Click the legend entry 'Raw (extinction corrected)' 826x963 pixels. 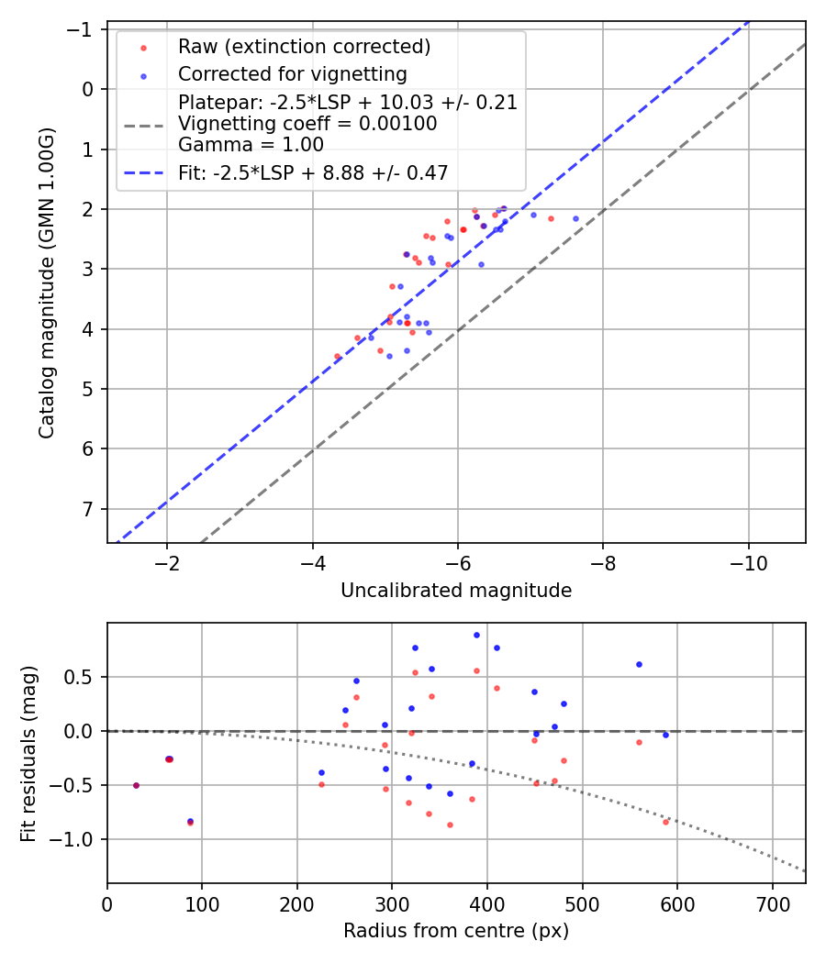pyautogui.click(x=304, y=47)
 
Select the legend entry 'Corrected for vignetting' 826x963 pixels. pyautogui.click(x=292, y=73)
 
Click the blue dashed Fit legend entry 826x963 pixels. pyautogui.click(x=312, y=173)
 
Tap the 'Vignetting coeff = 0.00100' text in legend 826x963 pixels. pyautogui.click(x=307, y=123)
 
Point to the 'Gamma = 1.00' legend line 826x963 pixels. pyautogui.click(x=251, y=144)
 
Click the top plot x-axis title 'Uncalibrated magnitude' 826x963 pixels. pyautogui.click(x=456, y=591)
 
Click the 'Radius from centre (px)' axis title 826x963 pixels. pyautogui.click(x=456, y=931)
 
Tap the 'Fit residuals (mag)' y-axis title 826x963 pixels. pyautogui.click(x=28, y=753)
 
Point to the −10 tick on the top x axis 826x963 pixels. pyautogui.click(x=748, y=561)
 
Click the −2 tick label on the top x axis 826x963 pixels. pyautogui.click(x=167, y=561)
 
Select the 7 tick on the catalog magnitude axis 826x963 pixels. pyautogui.click(x=89, y=509)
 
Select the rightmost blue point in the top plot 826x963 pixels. pyautogui.click(x=575, y=218)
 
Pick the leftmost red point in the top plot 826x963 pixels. pyautogui.click(x=337, y=356)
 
